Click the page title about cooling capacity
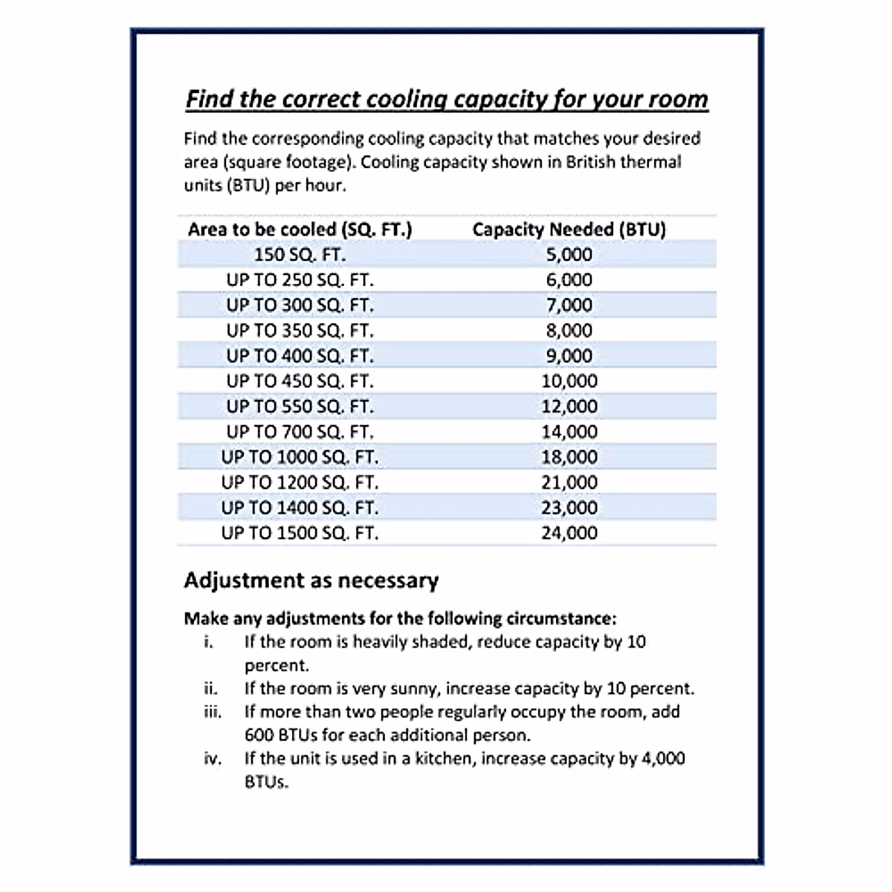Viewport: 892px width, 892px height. coord(446,99)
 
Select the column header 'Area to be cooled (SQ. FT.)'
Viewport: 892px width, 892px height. coord(300,229)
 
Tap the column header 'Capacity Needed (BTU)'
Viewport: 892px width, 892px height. coord(569,229)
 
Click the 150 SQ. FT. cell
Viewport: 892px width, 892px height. coord(300,254)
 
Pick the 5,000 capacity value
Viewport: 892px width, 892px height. coord(569,254)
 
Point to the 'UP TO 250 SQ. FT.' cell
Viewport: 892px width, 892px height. coord(300,279)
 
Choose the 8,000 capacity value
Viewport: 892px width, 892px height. coord(569,330)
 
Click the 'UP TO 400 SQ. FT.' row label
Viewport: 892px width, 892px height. coord(300,355)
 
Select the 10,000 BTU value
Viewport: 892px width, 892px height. coord(569,381)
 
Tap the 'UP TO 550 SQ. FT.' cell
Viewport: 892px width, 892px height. coord(300,406)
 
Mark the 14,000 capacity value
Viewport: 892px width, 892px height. coord(569,431)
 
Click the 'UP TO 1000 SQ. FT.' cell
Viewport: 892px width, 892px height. coord(300,456)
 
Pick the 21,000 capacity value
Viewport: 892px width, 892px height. coord(569,482)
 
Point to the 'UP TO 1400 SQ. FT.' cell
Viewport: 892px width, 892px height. coord(300,508)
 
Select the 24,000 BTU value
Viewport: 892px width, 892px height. coord(569,532)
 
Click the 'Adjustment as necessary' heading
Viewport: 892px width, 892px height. coord(311,580)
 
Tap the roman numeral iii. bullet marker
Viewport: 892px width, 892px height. coord(212,711)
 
